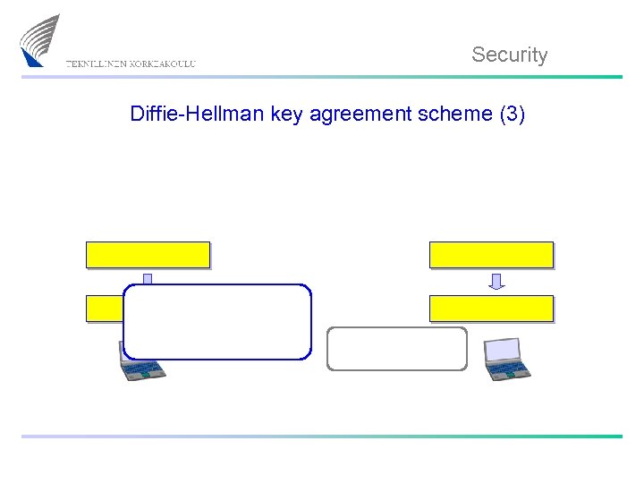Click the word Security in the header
coord(509,55)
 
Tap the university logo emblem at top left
coord(40,40)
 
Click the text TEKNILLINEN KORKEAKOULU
coord(131,64)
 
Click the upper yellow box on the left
coord(148,255)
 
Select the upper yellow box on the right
coord(491,255)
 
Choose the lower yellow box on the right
coord(491,309)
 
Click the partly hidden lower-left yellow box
coord(104,309)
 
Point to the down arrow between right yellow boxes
coord(496,282)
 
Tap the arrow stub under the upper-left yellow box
coord(148,278)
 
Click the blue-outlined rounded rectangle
coord(217,322)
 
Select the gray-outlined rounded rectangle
coord(397,349)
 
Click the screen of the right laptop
coord(502,350)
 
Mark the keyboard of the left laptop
coord(143,369)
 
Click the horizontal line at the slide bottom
coord(322,436)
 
